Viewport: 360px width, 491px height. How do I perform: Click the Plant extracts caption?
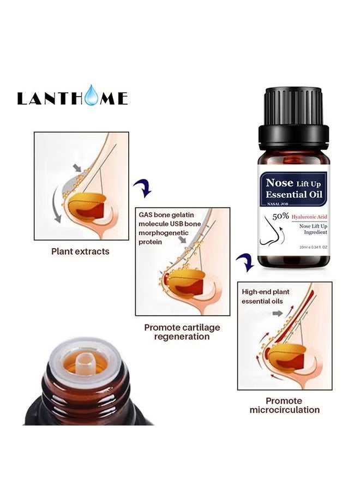80,252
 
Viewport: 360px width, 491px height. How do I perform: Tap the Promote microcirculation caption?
284,405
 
